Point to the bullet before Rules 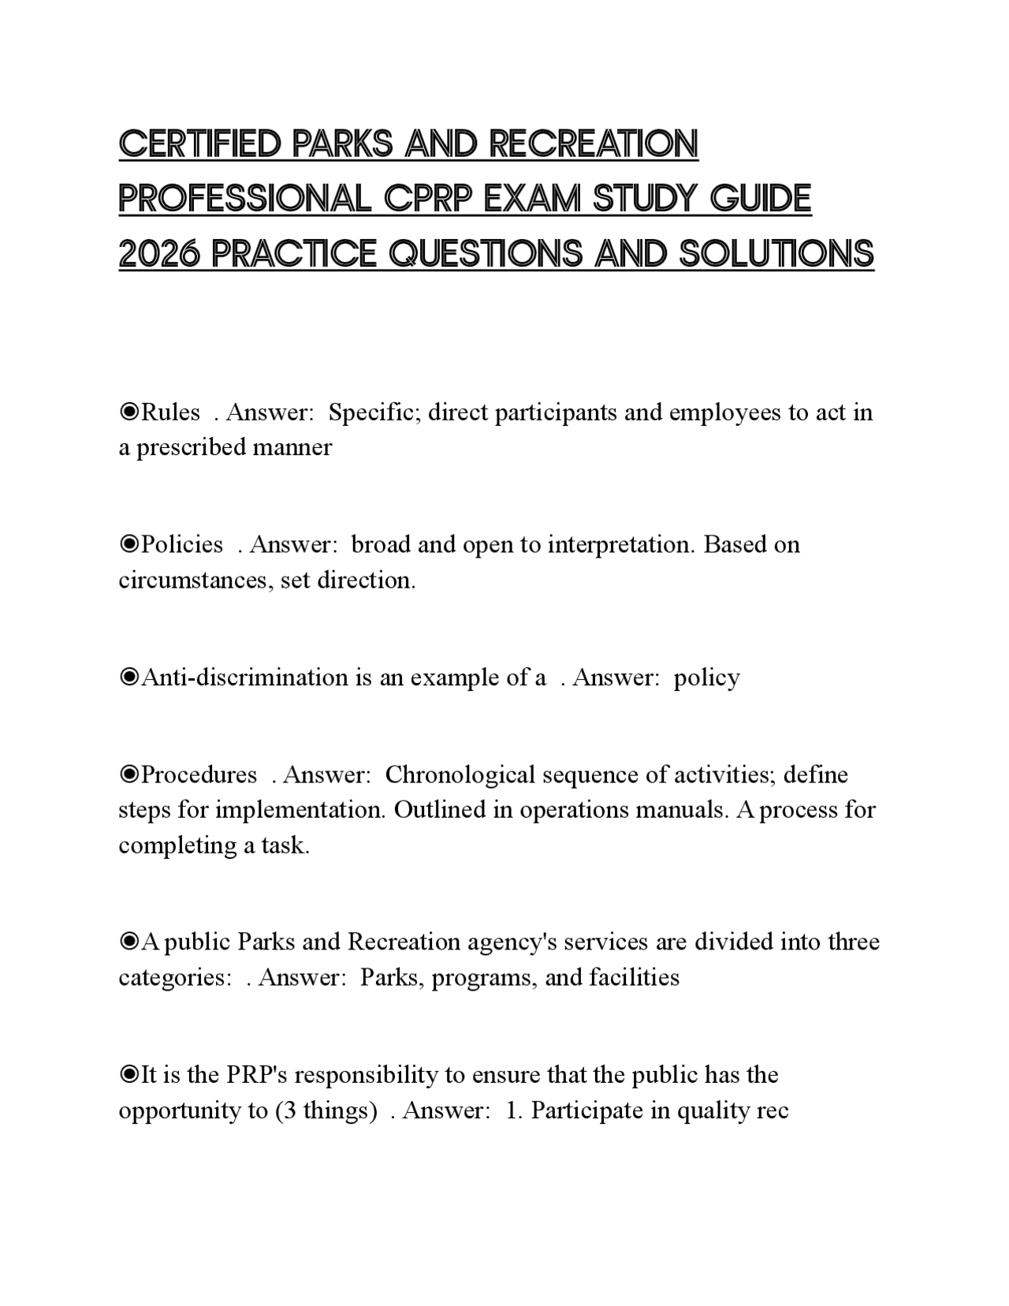tap(128, 412)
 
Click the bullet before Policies tap(128, 544)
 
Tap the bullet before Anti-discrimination tap(128, 677)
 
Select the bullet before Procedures tap(128, 774)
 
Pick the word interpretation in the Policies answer tap(619, 544)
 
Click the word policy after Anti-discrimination tap(706, 677)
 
